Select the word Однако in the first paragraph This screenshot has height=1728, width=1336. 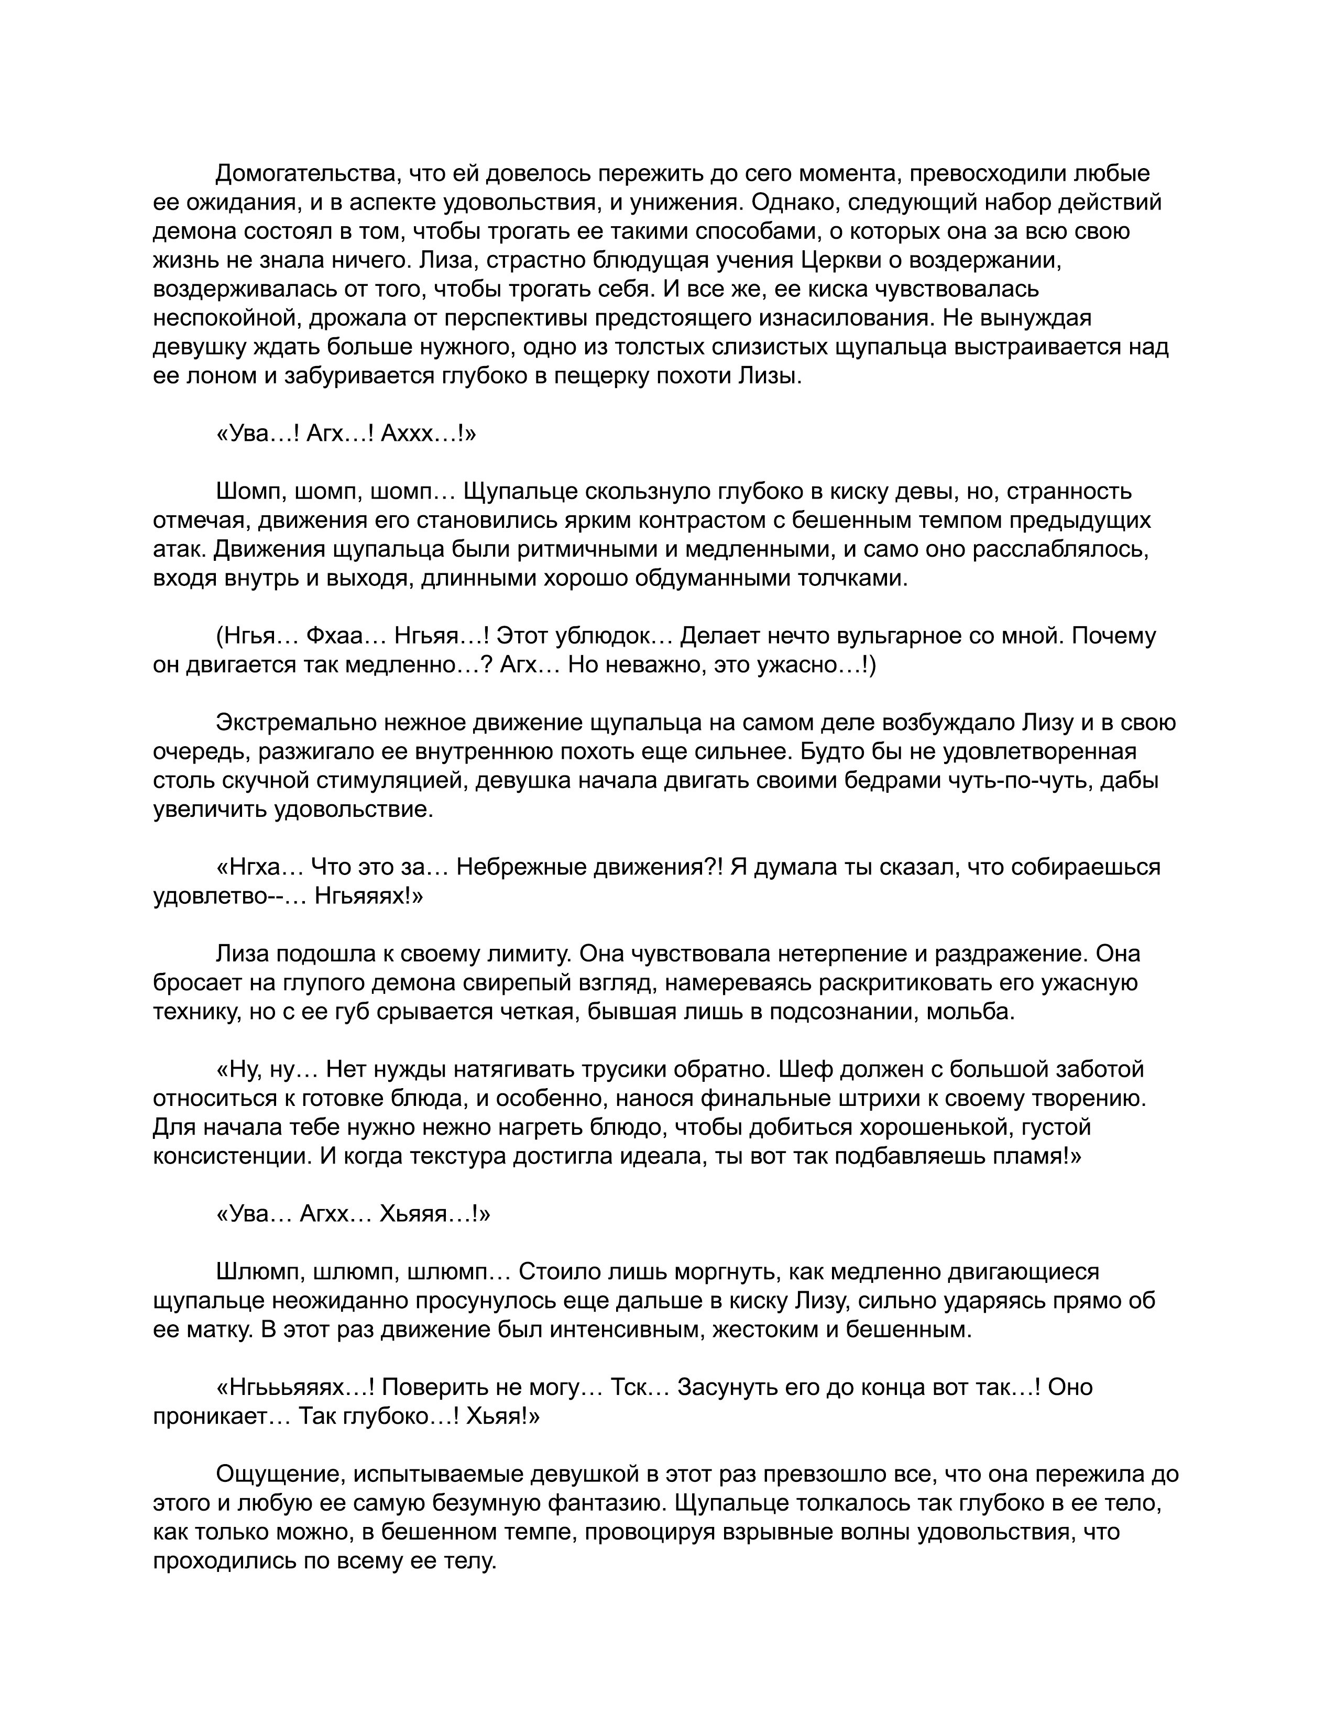[x=795, y=203]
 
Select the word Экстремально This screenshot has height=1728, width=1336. [x=296, y=723]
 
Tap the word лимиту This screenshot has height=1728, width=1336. [x=522, y=954]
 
